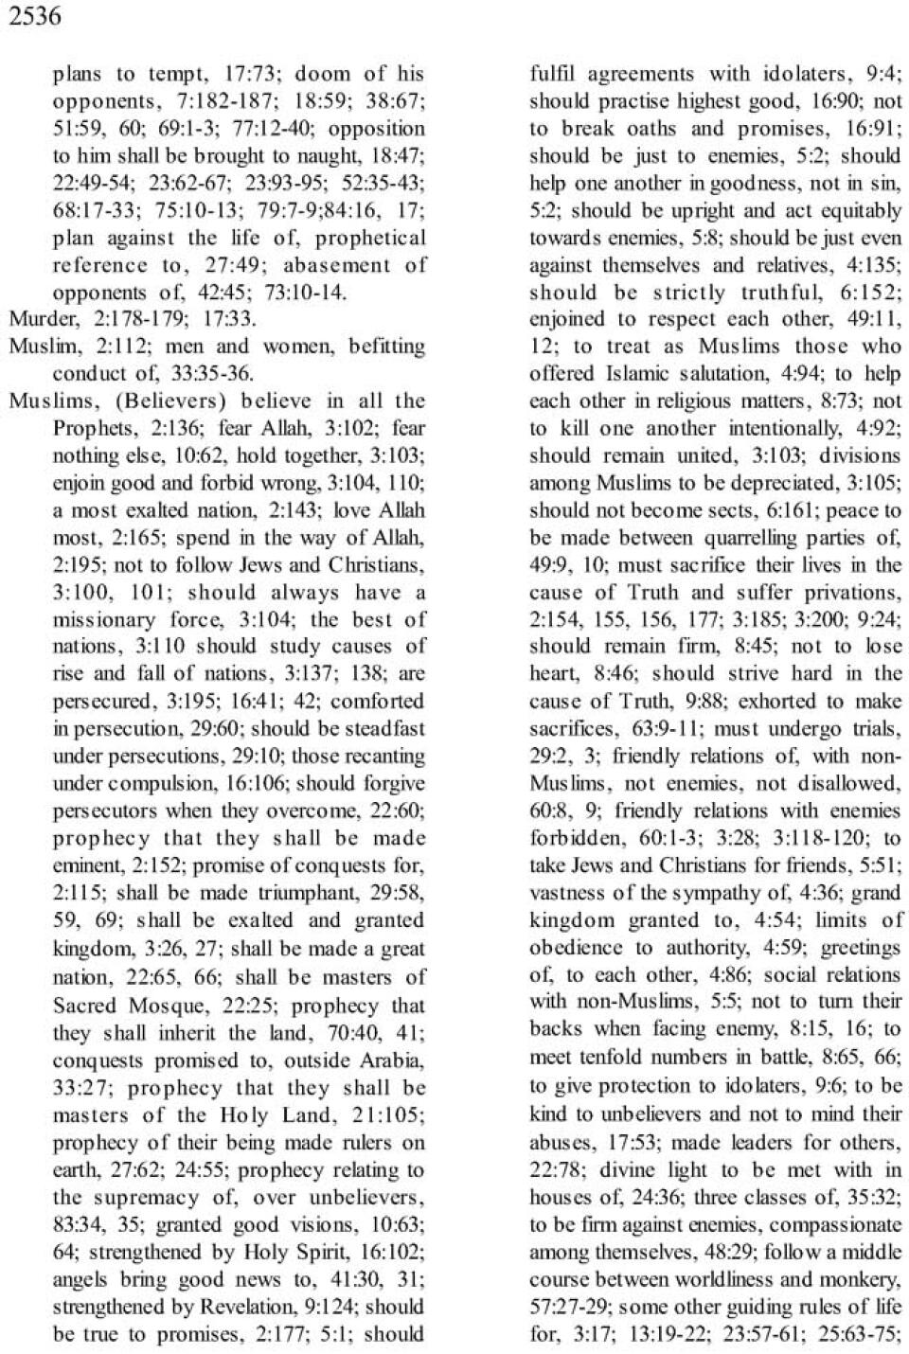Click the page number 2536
[35, 16]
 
